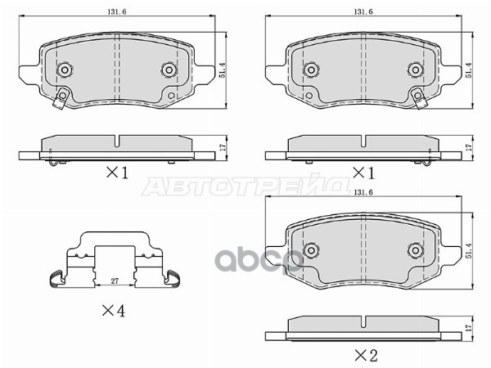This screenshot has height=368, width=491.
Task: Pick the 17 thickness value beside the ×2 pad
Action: [x=468, y=329]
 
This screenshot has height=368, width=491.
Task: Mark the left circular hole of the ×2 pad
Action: [x=312, y=249]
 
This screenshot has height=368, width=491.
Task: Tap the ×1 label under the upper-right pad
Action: [x=363, y=173]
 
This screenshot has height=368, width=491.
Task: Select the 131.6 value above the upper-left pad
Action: [x=119, y=11]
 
